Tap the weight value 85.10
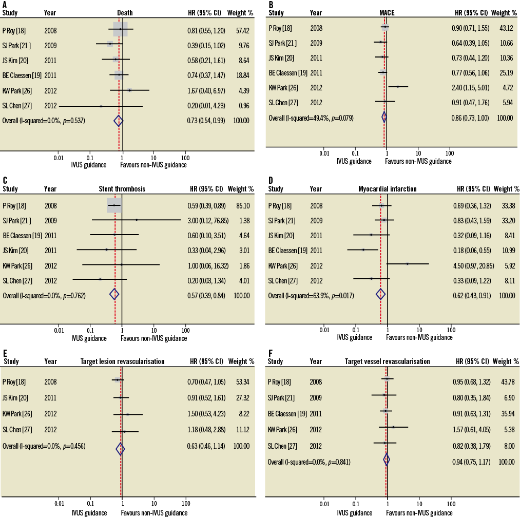[241, 206]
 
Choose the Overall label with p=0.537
[44, 121]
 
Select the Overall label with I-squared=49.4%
[311, 118]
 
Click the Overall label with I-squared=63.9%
[311, 296]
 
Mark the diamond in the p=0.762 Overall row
[114, 294]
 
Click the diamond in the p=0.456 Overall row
[120, 449]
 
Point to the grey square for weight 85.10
[114, 205]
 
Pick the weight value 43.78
[507, 382]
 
